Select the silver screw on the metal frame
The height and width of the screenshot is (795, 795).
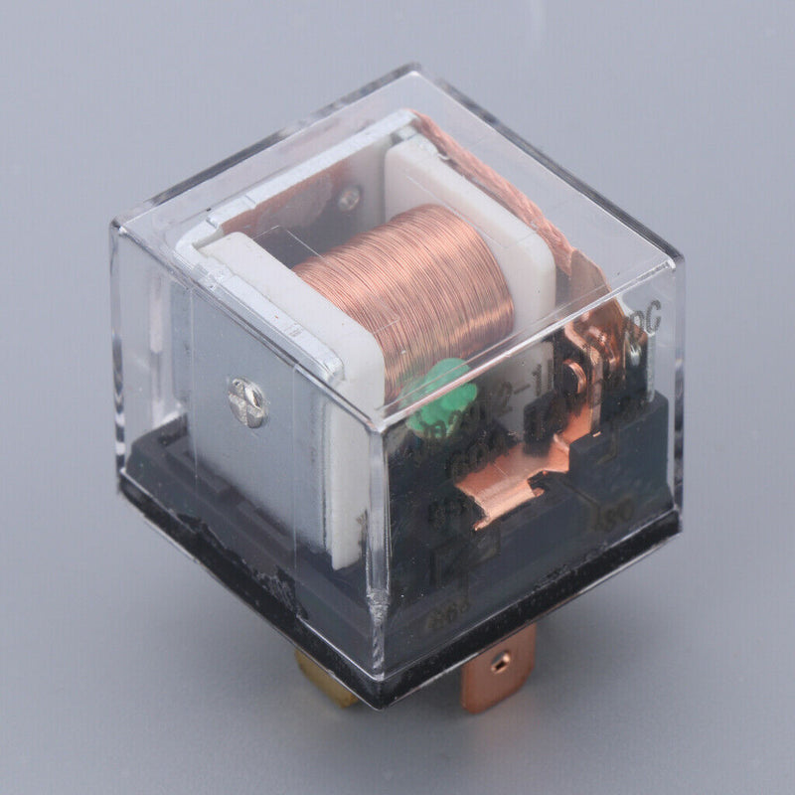coord(246,402)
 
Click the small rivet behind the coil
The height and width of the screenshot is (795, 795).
coord(349,200)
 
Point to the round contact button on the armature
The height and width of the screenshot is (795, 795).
coord(632,348)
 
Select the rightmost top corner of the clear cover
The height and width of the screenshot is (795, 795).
coord(680,259)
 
